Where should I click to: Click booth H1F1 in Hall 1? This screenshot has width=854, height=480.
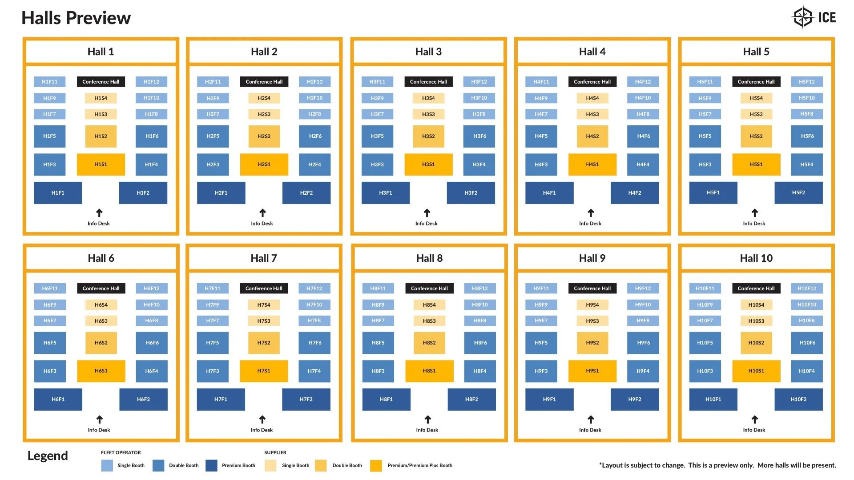tap(58, 193)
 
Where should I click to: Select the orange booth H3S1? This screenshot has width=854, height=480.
tap(428, 164)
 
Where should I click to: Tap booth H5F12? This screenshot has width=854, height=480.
tap(807, 82)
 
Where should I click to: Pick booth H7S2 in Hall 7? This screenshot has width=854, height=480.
tap(264, 343)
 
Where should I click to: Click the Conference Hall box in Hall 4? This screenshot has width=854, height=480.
tap(592, 82)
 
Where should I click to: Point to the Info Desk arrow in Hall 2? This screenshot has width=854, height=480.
tap(262, 213)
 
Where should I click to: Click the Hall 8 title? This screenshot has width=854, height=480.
tap(429, 258)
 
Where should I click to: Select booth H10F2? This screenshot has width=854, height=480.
tap(798, 400)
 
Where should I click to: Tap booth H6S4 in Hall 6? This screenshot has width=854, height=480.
tap(101, 305)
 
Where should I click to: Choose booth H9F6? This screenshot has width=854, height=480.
tap(643, 343)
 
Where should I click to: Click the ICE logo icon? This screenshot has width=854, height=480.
tap(803, 17)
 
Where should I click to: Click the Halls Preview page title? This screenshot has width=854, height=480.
tap(76, 18)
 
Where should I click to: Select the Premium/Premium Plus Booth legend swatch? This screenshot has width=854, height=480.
tap(376, 465)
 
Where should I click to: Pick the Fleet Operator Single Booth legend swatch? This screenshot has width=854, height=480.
tap(107, 465)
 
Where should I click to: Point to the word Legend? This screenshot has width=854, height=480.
tap(48, 456)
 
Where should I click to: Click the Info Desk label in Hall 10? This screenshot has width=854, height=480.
tap(754, 430)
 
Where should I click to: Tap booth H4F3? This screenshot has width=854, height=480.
tap(541, 164)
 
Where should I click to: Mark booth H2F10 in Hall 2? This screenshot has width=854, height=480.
tap(314, 98)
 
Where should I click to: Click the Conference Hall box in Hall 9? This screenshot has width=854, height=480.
tap(592, 288)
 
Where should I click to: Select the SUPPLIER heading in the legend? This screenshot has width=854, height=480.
tap(275, 452)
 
